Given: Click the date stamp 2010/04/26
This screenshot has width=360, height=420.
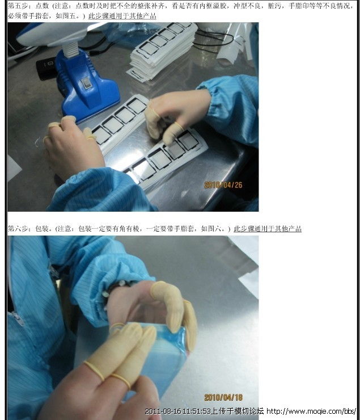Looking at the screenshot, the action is click(x=223, y=185).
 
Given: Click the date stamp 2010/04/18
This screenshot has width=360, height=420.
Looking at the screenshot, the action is click(x=223, y=397).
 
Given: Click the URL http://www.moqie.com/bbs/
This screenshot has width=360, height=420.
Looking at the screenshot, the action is click(x=311, y=411).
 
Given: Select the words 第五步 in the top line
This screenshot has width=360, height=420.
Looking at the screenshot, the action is click(x=18, y=6).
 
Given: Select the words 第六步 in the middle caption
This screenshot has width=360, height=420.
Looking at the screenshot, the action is click(x=18, y=229).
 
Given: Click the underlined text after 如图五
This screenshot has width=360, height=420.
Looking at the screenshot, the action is click(x=122, y=16).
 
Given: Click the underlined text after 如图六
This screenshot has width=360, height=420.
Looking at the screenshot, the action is click(x=268, y=229).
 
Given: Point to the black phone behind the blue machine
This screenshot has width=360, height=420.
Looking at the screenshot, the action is click(x=46, y=68).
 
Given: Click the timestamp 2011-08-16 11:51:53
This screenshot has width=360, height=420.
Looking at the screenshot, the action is click(x=177, y=411).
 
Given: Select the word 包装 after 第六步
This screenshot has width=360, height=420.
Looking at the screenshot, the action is click(x=42, y=229).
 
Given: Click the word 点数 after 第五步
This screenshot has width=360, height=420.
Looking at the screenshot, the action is click(x=42, y=6).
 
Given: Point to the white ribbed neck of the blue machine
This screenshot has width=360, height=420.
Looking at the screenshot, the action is click(x=71, y=49).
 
